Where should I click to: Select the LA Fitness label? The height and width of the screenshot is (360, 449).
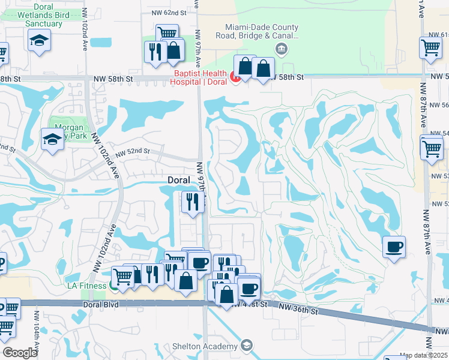[x=85, y=286]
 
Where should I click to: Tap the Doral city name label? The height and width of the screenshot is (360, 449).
[x=178, y=180]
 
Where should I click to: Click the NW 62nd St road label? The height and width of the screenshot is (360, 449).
[x=170, y=12]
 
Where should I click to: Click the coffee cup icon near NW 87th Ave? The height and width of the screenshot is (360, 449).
[x=394, y=246]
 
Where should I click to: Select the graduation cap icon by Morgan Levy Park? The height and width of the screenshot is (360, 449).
[x=52, y=139]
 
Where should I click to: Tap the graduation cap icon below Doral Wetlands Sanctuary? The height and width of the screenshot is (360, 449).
[x=40, y=40]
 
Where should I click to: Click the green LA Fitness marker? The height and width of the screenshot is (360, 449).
[x=113, y=286]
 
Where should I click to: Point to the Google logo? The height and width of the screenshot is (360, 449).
[x=20, y=353]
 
